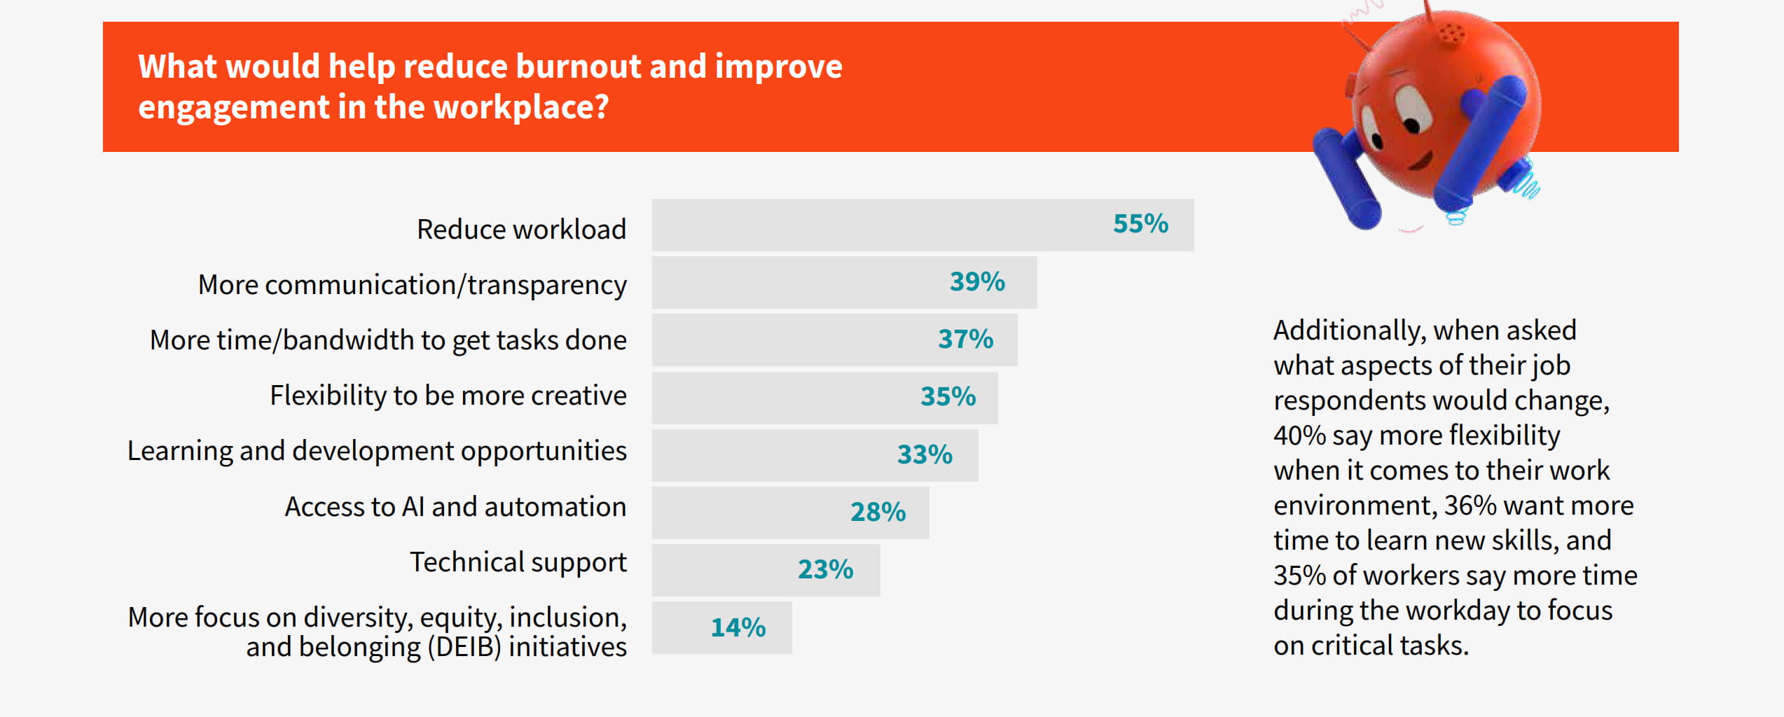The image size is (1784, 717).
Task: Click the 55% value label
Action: pos(1140,224)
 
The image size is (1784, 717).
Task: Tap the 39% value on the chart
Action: pos(976,281)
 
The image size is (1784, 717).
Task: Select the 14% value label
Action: pos(738,627)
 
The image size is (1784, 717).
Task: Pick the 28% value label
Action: pos(878,512)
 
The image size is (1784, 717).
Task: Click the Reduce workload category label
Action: pos(521,230)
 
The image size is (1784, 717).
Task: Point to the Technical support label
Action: pos(518,562)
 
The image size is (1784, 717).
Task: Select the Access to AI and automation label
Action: pos(455,507)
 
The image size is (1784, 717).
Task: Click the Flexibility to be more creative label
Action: pos(448,396)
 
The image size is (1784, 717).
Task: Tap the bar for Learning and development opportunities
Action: pos(770,455)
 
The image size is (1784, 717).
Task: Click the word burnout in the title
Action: pos(578,67)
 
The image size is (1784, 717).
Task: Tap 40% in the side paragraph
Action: pos(1299,436)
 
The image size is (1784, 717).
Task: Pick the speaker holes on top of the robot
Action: pos(1451,32)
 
